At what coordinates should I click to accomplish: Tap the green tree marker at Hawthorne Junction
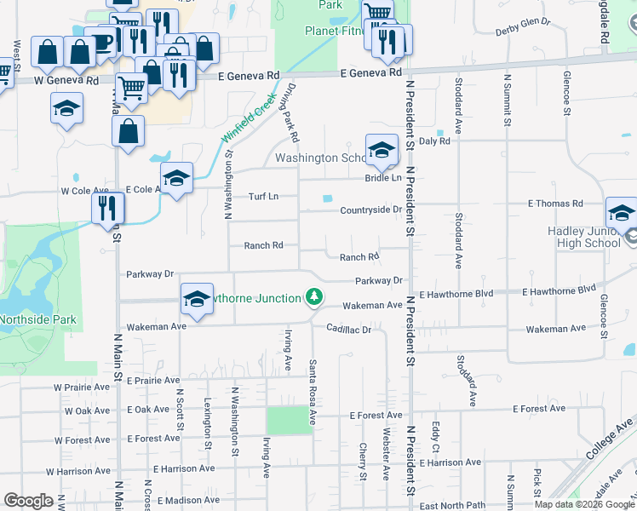click(x=315, y=296)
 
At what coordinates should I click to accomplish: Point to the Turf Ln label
click(x=263, y=197)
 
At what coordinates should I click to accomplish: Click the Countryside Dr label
click(x=370, y=210)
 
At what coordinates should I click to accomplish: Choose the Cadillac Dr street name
click(x=349, y=330)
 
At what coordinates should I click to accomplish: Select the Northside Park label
click(x=37, y=320)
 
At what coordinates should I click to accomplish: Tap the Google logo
click(x=29, y=501)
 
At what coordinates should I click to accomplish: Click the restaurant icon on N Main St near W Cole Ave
click(x=108, y=208)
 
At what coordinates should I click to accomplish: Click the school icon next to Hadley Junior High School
click(x=622, y=213)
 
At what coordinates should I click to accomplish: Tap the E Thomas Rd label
click(x=555, y=204)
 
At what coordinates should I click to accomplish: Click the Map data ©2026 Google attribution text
click(x=584, y=504)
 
